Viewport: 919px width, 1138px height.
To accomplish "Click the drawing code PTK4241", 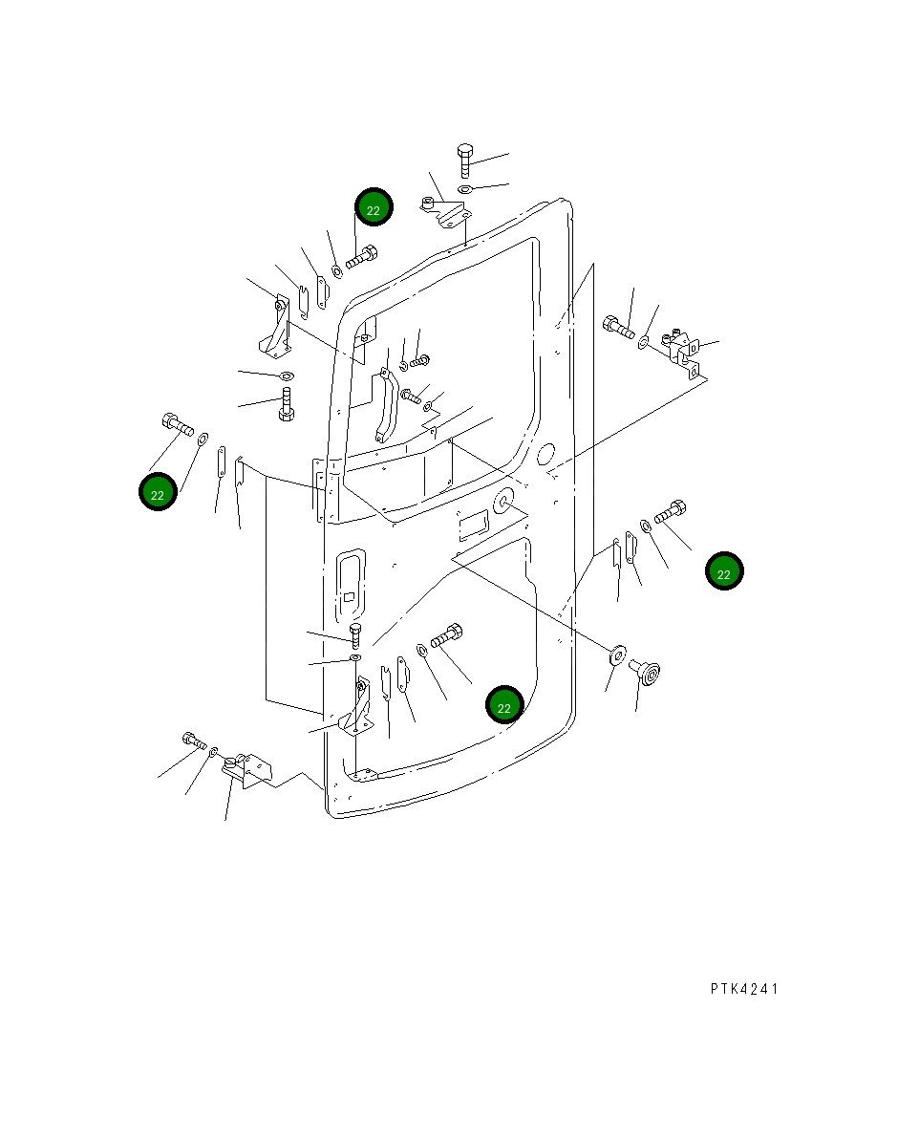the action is click(744, 989).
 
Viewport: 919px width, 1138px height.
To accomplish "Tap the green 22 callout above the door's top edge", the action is click(374, 207).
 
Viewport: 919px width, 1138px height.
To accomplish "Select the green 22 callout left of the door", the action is click(158, 492).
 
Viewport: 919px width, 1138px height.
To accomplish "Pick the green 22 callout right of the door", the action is click(724, 571).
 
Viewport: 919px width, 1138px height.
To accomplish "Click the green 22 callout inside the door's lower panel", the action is click(504, 705).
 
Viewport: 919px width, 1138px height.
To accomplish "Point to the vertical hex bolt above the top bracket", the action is click(465, 161).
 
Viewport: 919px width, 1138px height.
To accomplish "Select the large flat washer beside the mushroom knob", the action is click(617, 654).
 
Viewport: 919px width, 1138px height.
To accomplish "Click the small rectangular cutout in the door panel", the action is click(474, 524).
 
